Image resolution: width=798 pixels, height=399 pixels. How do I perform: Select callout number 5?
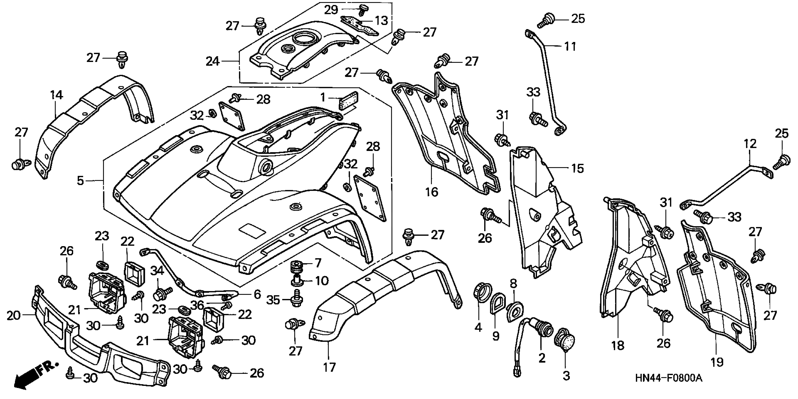pyautogui.click(x=80, y=180)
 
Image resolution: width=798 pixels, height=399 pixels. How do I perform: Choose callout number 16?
pyautogui.click(x=431, y=192)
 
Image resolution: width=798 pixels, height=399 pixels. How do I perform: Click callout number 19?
pyautogui.click(x=717, y=361)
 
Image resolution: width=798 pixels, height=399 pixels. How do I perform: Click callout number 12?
pyautogui.click(x=750, y=144)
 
